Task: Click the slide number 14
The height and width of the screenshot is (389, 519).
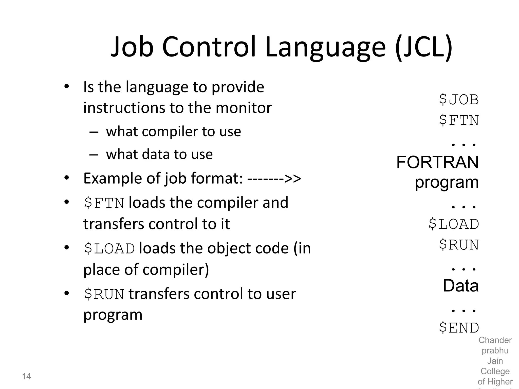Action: tap(26, 376)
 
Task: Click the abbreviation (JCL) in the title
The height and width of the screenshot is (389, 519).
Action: tap(423, 47)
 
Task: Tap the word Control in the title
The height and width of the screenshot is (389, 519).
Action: tap(209, 47)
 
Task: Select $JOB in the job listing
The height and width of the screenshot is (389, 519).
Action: tap(459, 99)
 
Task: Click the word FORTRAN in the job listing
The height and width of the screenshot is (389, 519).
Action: tap(437, 162)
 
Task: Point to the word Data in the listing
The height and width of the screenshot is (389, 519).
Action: tap(460, 286)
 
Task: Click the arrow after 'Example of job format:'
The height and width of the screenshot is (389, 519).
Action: tap(274, 178)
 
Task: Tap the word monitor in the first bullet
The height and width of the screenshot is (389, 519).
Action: tap(244, 108)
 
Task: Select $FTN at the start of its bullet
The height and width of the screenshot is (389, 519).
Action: tap(104, 203)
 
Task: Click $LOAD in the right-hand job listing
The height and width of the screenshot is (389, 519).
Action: tap(454, 224)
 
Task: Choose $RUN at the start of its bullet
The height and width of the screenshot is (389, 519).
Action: tap(104, 294)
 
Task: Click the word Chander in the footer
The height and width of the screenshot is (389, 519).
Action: tap(495, 340)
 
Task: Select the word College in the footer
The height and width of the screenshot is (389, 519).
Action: tap(495, 371)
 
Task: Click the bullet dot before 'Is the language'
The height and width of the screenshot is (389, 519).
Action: tap(66, 87)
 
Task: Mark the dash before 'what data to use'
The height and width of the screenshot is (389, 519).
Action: tap(94, 154)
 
